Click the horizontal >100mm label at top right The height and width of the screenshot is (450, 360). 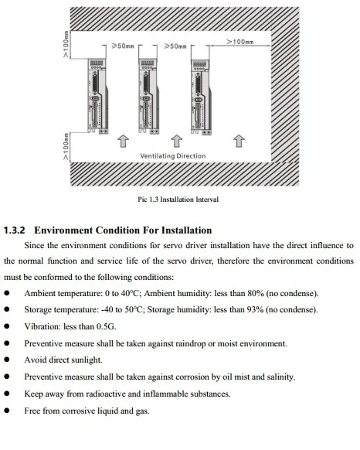click(x=239, y=41)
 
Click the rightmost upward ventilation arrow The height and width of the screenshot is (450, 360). click(x=239, y=140)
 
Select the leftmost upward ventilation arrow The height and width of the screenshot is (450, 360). click(x=121, y=140)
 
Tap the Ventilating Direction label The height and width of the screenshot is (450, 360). click(x=173, y=155)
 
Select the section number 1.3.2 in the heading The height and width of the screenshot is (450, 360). click(x=15, y=230)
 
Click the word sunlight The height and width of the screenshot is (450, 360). click(x=86, y=360)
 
